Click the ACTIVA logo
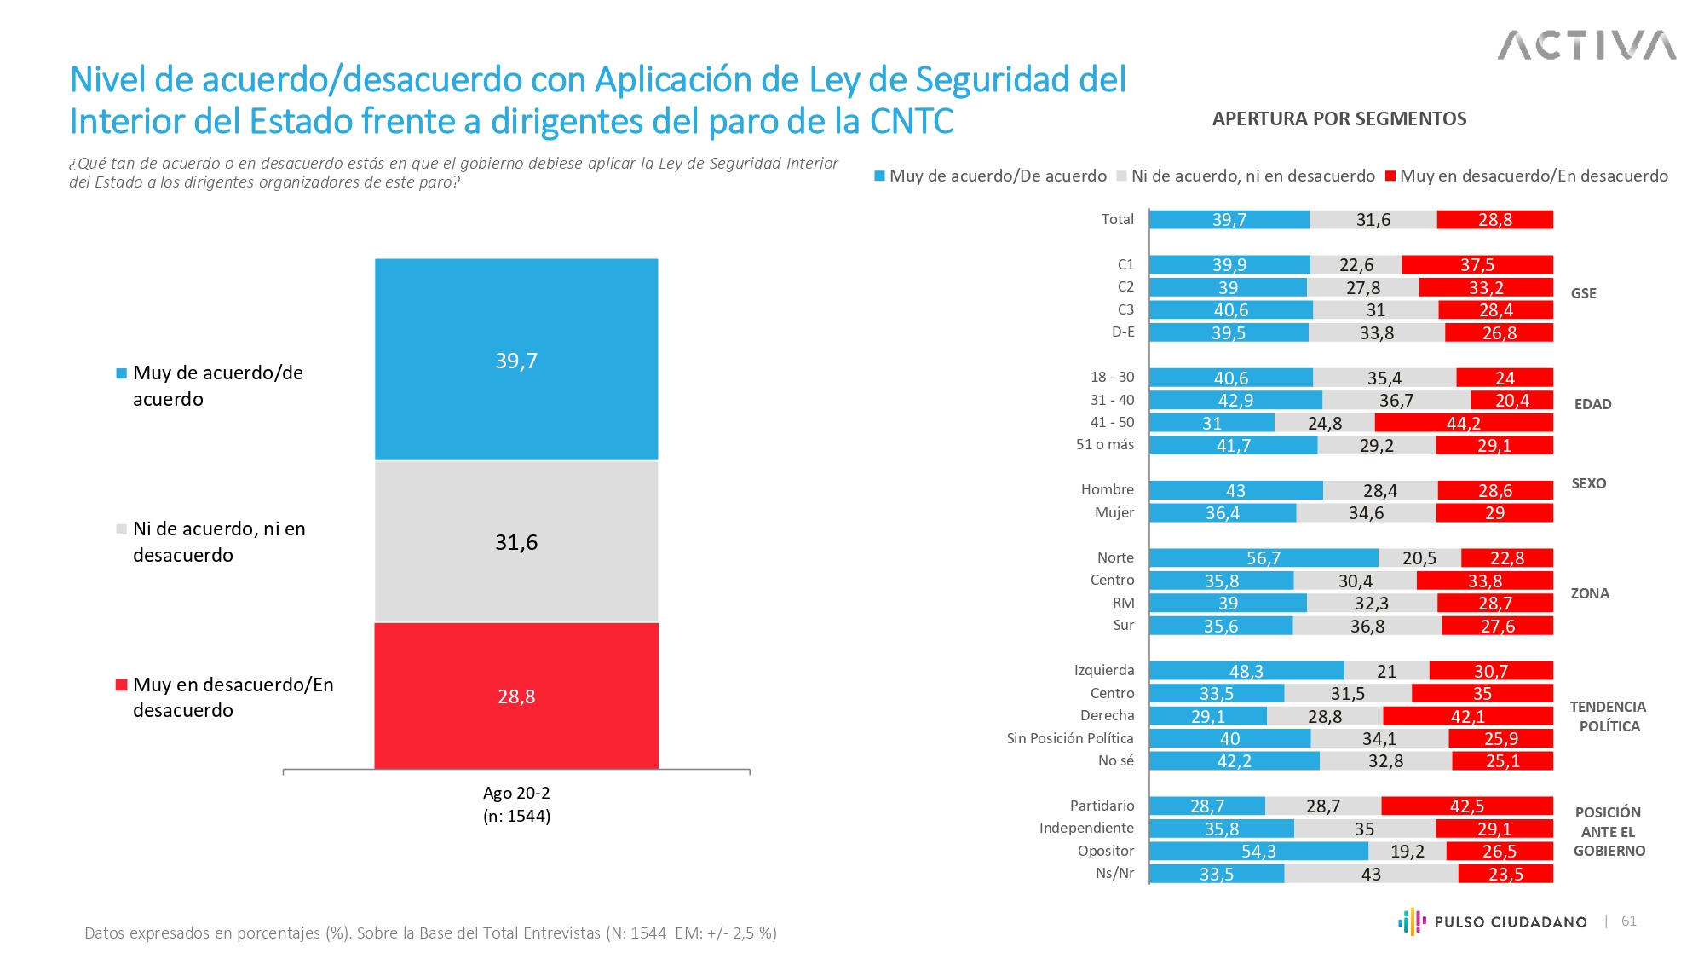(1586, 45)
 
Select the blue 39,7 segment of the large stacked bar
(516, 360)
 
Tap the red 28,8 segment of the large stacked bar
(516, 696)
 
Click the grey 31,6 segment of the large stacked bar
(516, 542)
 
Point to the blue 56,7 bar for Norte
(1264, 558)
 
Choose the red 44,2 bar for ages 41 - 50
(1463, 423)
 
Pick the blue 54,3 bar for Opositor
(1258, 852)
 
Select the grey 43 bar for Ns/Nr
(1371, 874)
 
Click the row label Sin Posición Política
(1069, 738)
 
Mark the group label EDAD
(1592, 404)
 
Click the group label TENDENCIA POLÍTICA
(1608, 717)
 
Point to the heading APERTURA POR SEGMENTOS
(1339, 119)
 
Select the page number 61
(1628, 921)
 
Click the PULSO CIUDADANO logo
(1493, 921)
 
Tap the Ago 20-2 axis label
(516, 794)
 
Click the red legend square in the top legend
(1390, 176)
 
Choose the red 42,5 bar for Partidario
(1466, 806)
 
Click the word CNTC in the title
(911, 122)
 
